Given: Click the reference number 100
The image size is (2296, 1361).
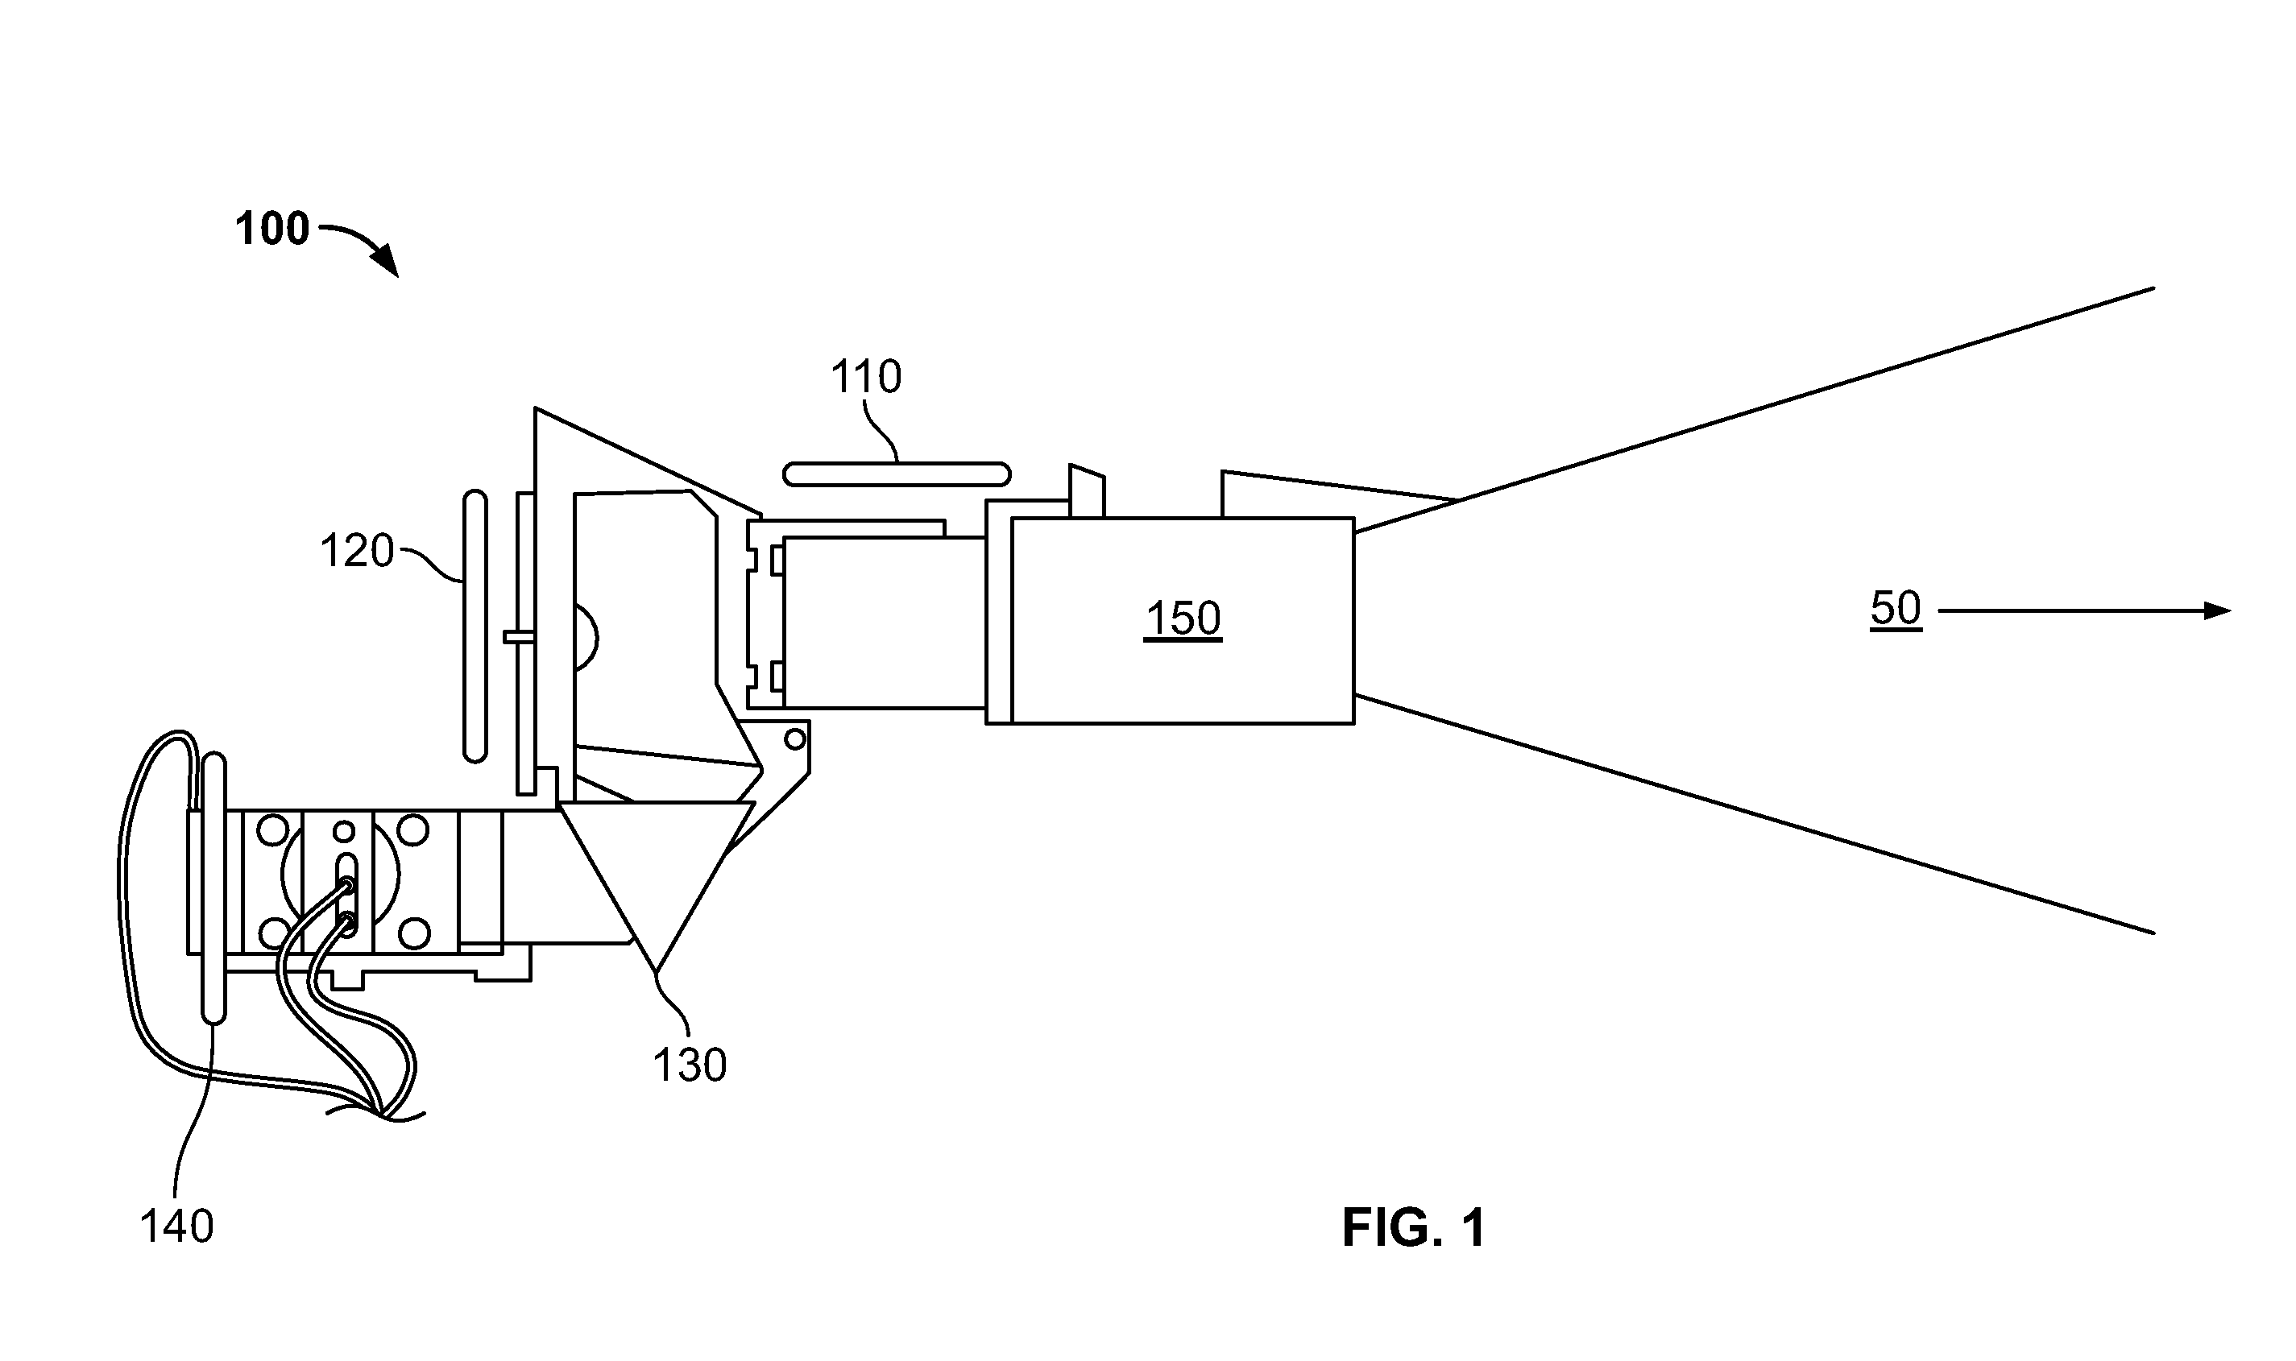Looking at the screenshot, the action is pyautogui.click(x=272, y=229).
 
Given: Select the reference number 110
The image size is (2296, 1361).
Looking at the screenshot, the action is pyautogui.click(x=866, y=376).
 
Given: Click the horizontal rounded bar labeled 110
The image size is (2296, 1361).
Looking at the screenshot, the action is pyautogui.click(x=896, y=474).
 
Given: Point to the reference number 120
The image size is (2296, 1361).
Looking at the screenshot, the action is pyautogui.click(x=357, y=551).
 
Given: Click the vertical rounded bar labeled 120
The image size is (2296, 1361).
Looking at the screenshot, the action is pyautogui.click(x=475, y=627).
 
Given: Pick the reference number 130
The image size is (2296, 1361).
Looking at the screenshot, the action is pyautogui.click(x=690, y=1065).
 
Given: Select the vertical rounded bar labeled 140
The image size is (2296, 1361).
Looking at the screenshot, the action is pyautogui.click(x=213, y=887).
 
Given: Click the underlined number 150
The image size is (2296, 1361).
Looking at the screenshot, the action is pyautogui.click(x=1183, y=619).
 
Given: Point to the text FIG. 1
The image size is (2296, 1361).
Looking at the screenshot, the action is pyautogui.click(x=1414, y=1228).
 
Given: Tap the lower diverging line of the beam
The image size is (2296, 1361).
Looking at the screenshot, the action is pyautogui.click(x=1754, y=814).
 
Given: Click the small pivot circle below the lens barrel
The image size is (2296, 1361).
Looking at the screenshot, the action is pyautogui.click(x=794, y=738).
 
